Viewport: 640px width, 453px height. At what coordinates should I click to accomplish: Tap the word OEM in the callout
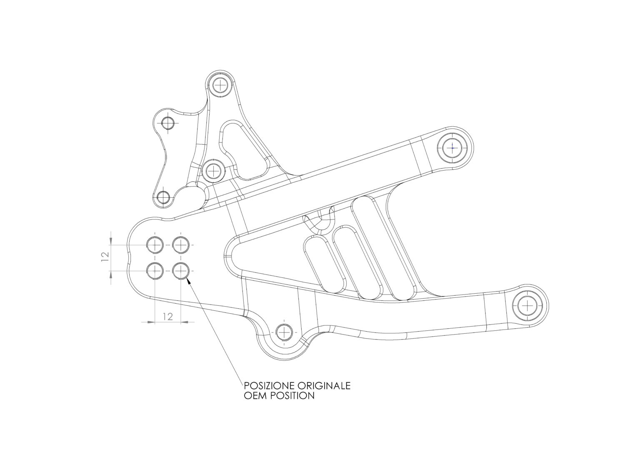(x=254, y=396)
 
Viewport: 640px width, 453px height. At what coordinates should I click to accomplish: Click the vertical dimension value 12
(x=105, y=257)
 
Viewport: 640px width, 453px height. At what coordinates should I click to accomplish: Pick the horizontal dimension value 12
(x=168, y=317)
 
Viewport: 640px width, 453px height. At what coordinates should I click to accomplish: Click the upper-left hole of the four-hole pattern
(x=155, y=245)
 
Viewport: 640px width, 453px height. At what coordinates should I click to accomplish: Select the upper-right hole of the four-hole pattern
(x=180, y=245)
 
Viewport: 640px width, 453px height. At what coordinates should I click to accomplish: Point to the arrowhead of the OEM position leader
(x=188, y=282)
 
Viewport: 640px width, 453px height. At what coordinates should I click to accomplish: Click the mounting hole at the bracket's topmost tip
(x=220, y=85)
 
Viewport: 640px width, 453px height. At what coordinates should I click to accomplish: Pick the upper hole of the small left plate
(x=167, y=123)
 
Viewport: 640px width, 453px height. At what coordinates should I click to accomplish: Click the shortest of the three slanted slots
(x=325, y=264)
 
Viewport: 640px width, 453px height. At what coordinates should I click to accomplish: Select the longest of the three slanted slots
(x=383, y=248)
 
